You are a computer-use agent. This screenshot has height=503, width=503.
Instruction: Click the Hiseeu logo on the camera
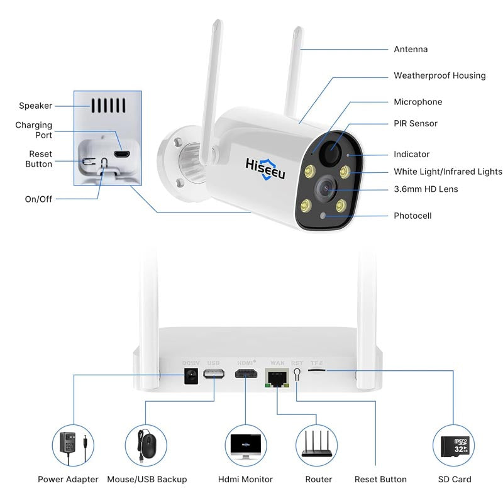pos(265,168)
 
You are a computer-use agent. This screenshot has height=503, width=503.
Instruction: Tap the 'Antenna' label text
pos(411,49)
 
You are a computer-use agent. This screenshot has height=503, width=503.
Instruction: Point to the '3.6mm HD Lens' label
pos(426,189)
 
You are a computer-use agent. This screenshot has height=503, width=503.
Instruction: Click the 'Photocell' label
pos(412,216)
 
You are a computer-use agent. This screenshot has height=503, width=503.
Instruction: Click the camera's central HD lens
pos(324,186)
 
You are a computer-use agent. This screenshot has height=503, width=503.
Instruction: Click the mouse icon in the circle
pos(146,445)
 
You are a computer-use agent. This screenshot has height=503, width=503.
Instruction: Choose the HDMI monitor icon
pos(246,445)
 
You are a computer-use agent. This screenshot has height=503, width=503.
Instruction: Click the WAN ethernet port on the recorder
pos(277,379)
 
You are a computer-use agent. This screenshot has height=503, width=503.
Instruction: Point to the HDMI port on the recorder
pos(245,375)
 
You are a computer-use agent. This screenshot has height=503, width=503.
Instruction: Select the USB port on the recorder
pos(214,375)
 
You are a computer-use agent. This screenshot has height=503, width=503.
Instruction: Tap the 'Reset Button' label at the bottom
pos(380,479)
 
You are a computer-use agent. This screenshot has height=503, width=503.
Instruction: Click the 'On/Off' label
pos(38,199)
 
